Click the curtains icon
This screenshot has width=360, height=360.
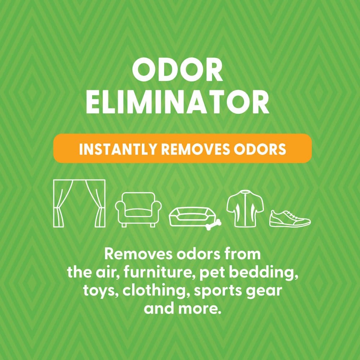(79, 203)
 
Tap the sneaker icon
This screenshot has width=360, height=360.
(290, 219)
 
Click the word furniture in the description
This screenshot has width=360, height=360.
(150, 273)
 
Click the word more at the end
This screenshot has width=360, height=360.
(201, 309)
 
